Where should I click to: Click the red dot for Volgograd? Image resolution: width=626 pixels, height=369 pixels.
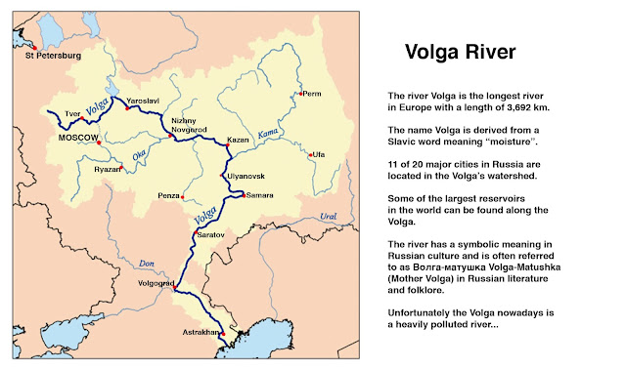tap(174, 289)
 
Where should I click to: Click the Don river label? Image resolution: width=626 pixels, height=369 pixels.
tap(147, 263)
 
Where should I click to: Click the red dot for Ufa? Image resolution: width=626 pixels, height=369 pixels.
tap(310, 155)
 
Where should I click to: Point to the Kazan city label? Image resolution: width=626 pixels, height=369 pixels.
tap(238, 140)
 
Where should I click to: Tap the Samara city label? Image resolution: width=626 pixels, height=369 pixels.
tap(259, 196)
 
